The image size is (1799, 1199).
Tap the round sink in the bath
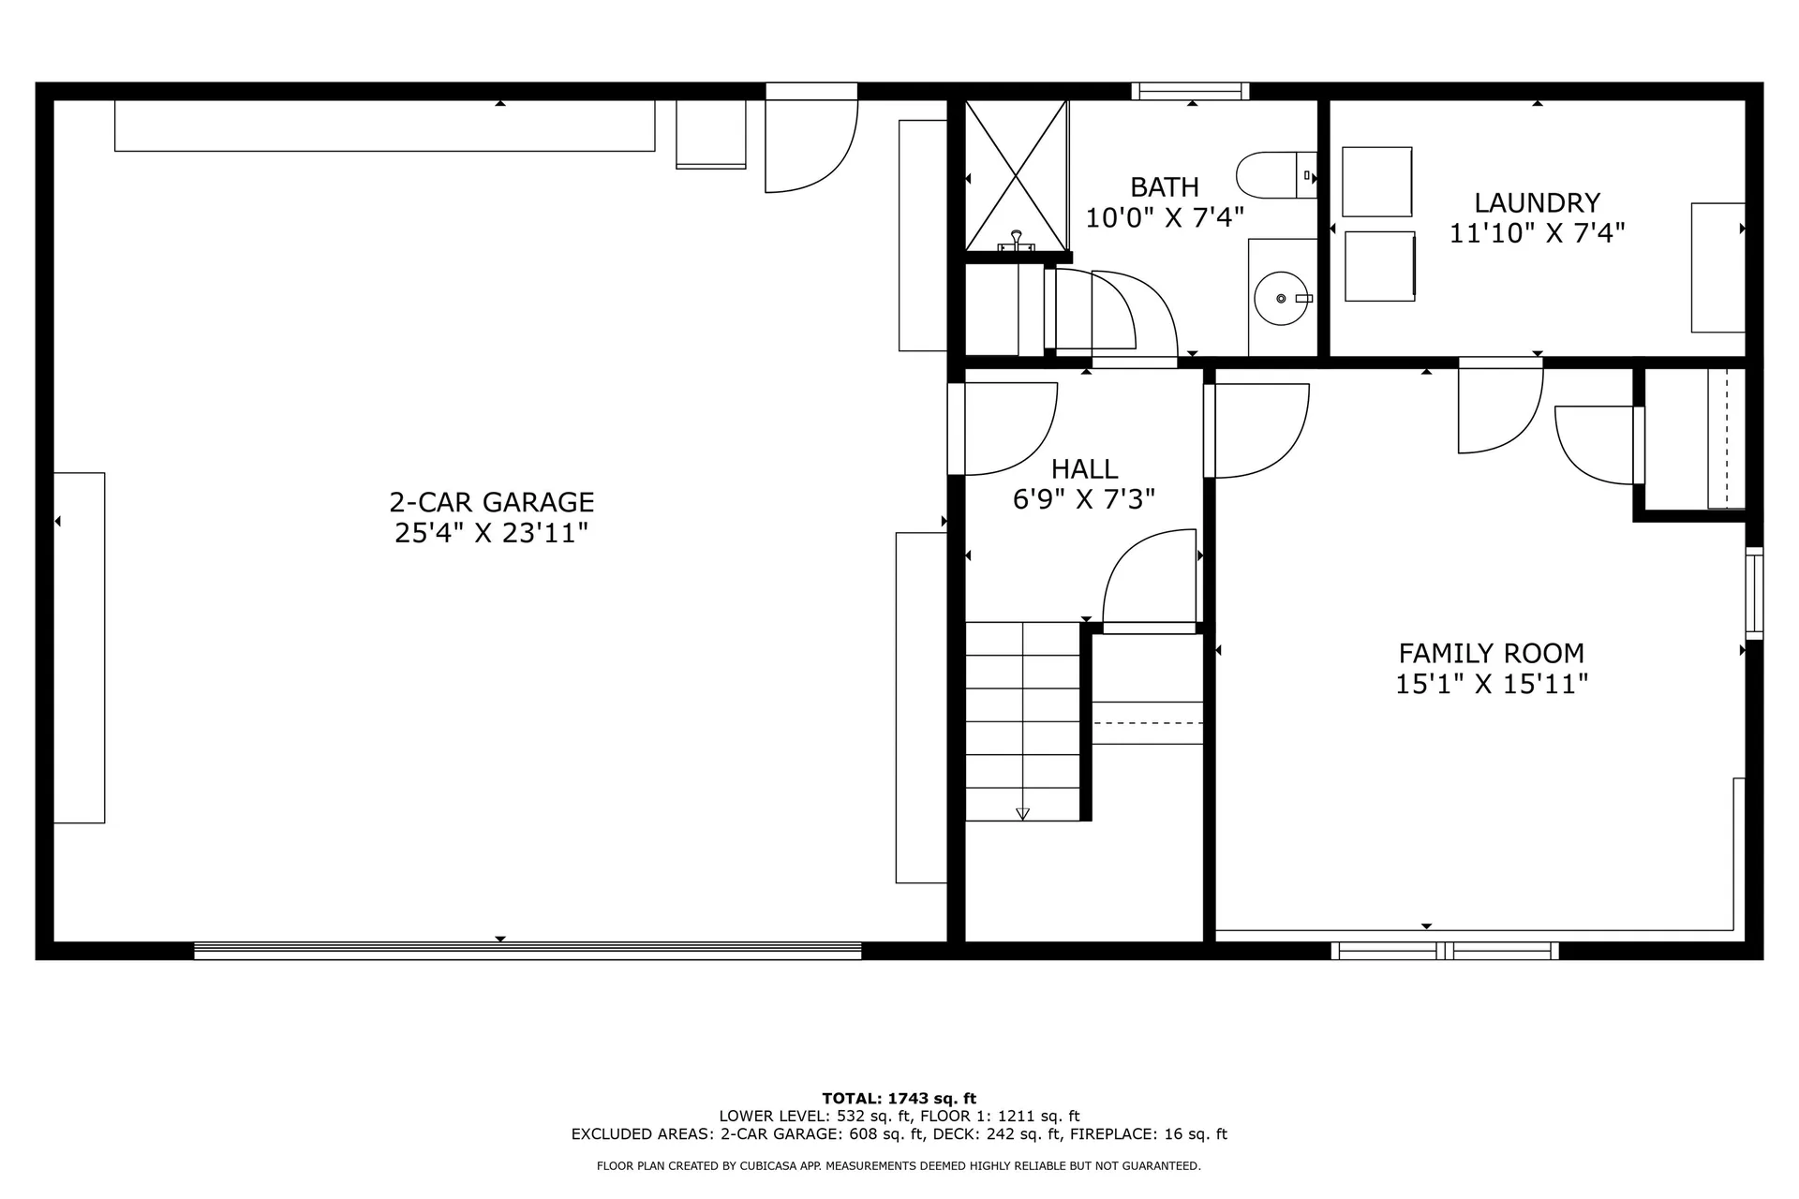1281,298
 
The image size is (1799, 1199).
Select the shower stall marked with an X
1017,175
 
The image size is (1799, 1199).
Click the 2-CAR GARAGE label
492,502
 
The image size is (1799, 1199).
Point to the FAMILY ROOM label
1491,653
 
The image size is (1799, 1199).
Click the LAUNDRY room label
1537,202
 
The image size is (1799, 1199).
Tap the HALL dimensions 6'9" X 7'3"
1083,499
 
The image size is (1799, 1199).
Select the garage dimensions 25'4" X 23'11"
492,533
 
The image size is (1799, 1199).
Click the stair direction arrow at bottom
1022,813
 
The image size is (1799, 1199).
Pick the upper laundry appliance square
1376,182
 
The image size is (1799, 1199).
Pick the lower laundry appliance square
1379,266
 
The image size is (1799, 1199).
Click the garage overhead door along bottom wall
528,951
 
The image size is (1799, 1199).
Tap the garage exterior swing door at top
810,141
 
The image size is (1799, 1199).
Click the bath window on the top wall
1190,91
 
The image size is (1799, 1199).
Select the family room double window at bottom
1445,951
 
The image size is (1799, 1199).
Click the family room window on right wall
1754,593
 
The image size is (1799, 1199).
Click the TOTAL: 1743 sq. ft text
899,1098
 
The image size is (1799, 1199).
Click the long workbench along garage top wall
384,126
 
